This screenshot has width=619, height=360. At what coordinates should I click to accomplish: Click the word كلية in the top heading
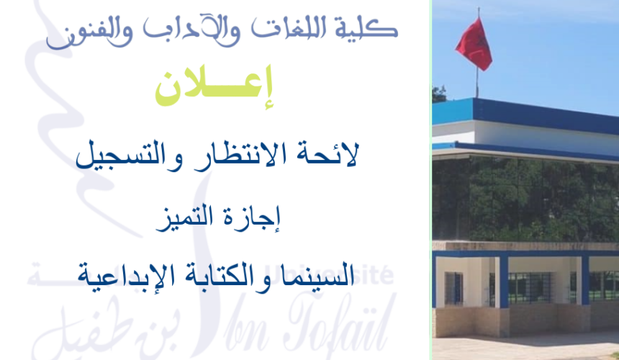[x=370, y=30]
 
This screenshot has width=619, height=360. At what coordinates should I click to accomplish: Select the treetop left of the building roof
[x=439, y=94]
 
